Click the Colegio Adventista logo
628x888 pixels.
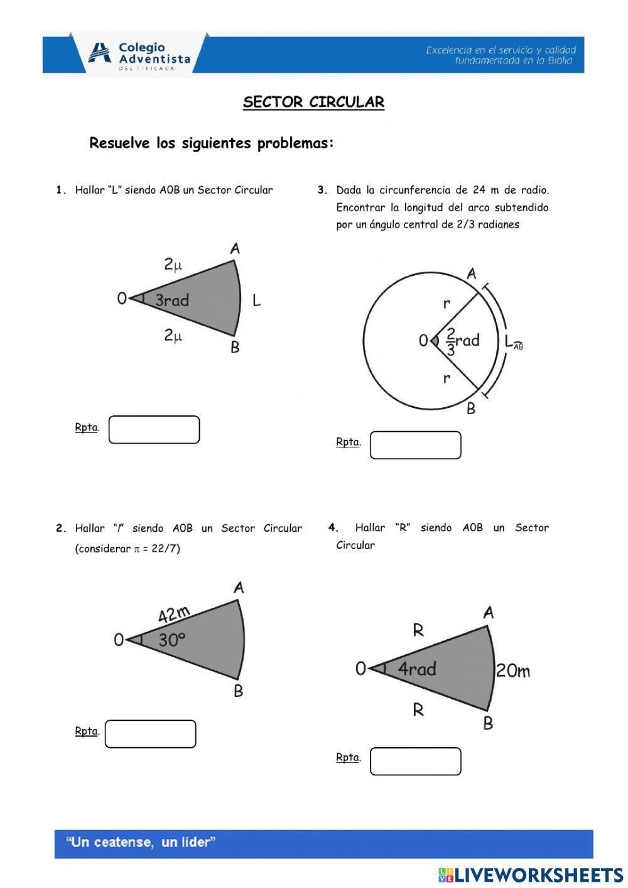point(139,54)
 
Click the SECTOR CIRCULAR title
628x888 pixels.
point(313,102)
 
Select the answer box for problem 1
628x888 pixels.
point(154,430)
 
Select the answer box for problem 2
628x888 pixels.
point(150,734)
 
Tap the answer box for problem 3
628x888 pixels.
point(415,445)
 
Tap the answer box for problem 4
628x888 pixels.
point(415,761)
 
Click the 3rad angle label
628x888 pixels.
point(171,300)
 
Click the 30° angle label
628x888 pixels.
point(171,640)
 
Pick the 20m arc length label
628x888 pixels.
point(512,671)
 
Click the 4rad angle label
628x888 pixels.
point(417,669)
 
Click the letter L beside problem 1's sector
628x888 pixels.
point(256,300)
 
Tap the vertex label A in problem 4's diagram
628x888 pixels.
point(488,612)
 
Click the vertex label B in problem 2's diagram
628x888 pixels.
point(238,691)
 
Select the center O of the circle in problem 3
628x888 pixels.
point(423,341)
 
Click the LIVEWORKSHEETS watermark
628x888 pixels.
point(531,875)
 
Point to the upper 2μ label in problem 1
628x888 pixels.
point(173,265)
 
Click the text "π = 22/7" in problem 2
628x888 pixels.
point(156,549)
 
